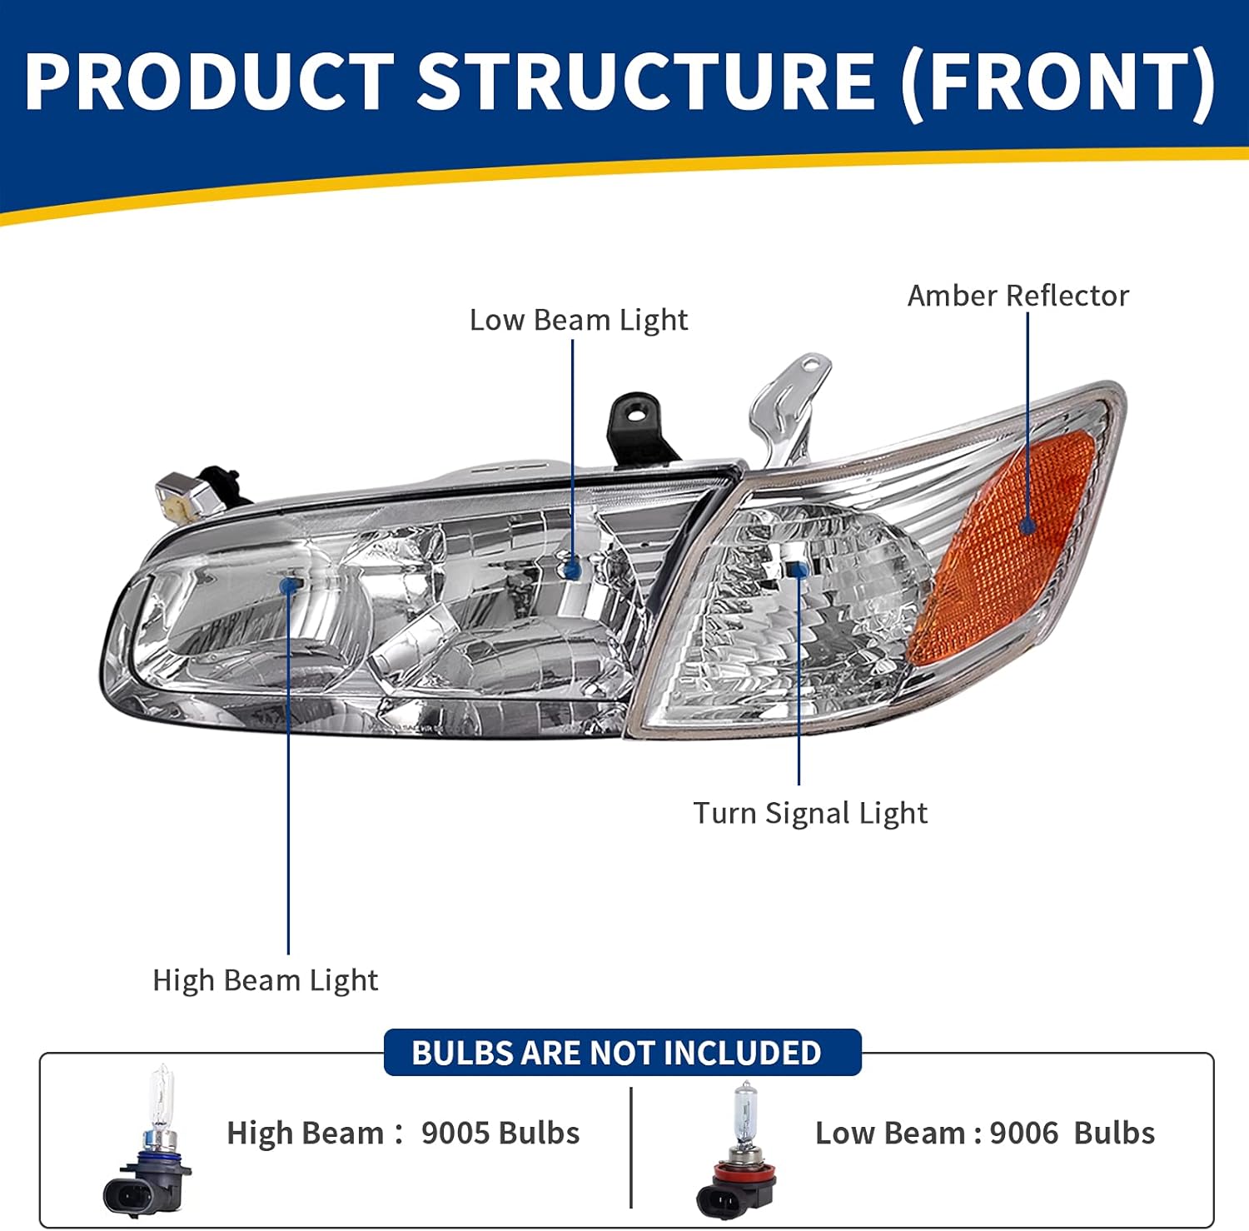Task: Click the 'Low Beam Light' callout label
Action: point(579,320)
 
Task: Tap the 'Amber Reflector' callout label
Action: point(1018,296)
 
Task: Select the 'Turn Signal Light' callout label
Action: point(810,813)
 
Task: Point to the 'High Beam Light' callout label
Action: point(265,980)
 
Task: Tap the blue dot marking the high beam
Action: point(290,586)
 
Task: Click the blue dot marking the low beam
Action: point(572,570)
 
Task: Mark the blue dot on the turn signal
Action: point(799,570)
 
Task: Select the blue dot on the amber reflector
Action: point(1028,526)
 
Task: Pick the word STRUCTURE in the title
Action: point(645,81)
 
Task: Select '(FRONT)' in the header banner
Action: point(1057,81)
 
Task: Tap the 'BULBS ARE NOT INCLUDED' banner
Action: point(617,1053)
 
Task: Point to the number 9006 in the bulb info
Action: point(1023,1133)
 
